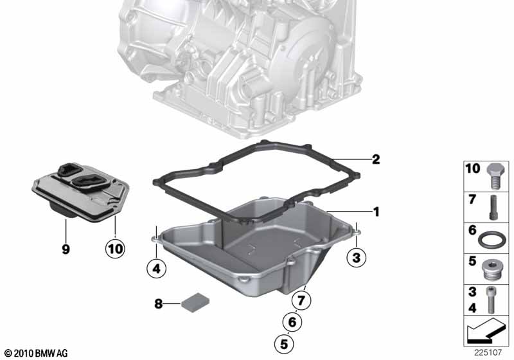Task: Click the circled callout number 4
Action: click(156, 269)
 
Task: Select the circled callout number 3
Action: click(357, 257)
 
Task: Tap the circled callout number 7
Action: click(301, 300)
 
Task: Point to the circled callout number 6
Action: click(292, 322)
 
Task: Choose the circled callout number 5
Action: click(284, 344)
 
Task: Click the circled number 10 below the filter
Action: click(115, 249)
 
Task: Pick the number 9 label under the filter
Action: click(66, 249)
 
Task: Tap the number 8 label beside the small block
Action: click(158, 304)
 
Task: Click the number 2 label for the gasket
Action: click(376, 159)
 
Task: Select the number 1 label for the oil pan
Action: click(377, 212)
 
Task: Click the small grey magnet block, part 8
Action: click(195, 302)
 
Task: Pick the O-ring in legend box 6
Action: click(492, 239)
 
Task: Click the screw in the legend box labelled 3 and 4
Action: click(491, 300)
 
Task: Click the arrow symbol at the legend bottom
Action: click(485, 330)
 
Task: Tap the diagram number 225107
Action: click(488, 352)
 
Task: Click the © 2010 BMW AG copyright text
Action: click(36, 353)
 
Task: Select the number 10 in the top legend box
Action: click(473, 168)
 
